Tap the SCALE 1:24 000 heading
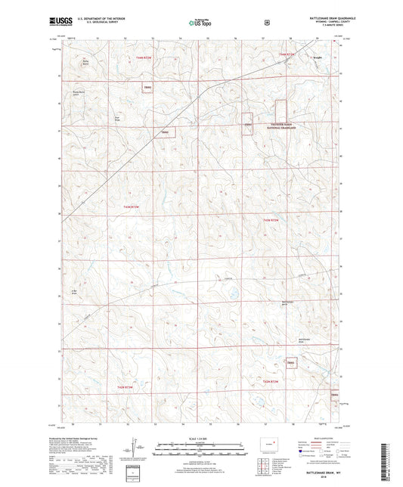point(201,439)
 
